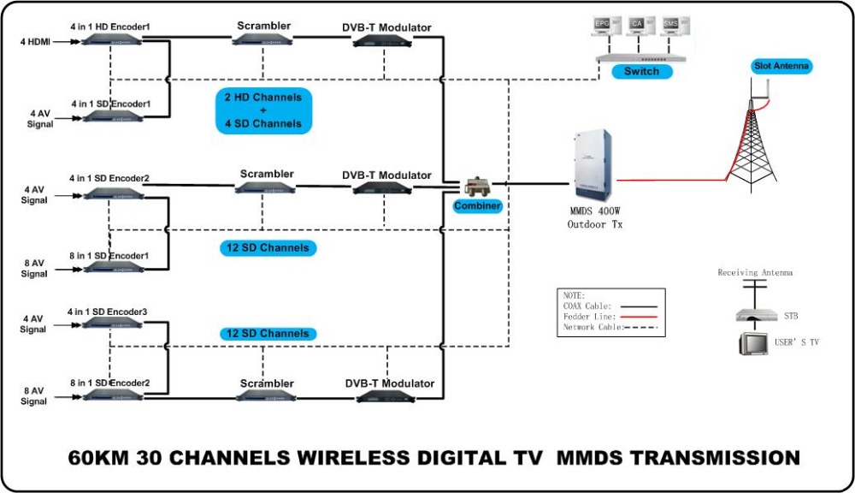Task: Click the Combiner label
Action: (x=476, y=206)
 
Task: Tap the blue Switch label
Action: (x=641, y=72)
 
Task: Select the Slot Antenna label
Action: (x=781, y=66)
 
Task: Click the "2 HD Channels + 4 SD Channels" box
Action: (x=262, y=110)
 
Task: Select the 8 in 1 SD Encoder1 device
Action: (x=111, y=266)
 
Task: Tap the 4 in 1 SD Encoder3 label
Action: (x=109, y=312)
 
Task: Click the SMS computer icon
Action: (x=669, y=29)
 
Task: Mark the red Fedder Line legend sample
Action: (x=645, y=317)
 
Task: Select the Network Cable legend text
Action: (x=593, y=328)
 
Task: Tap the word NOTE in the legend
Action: (x=574, y=295)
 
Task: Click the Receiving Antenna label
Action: (x=754, y=273)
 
